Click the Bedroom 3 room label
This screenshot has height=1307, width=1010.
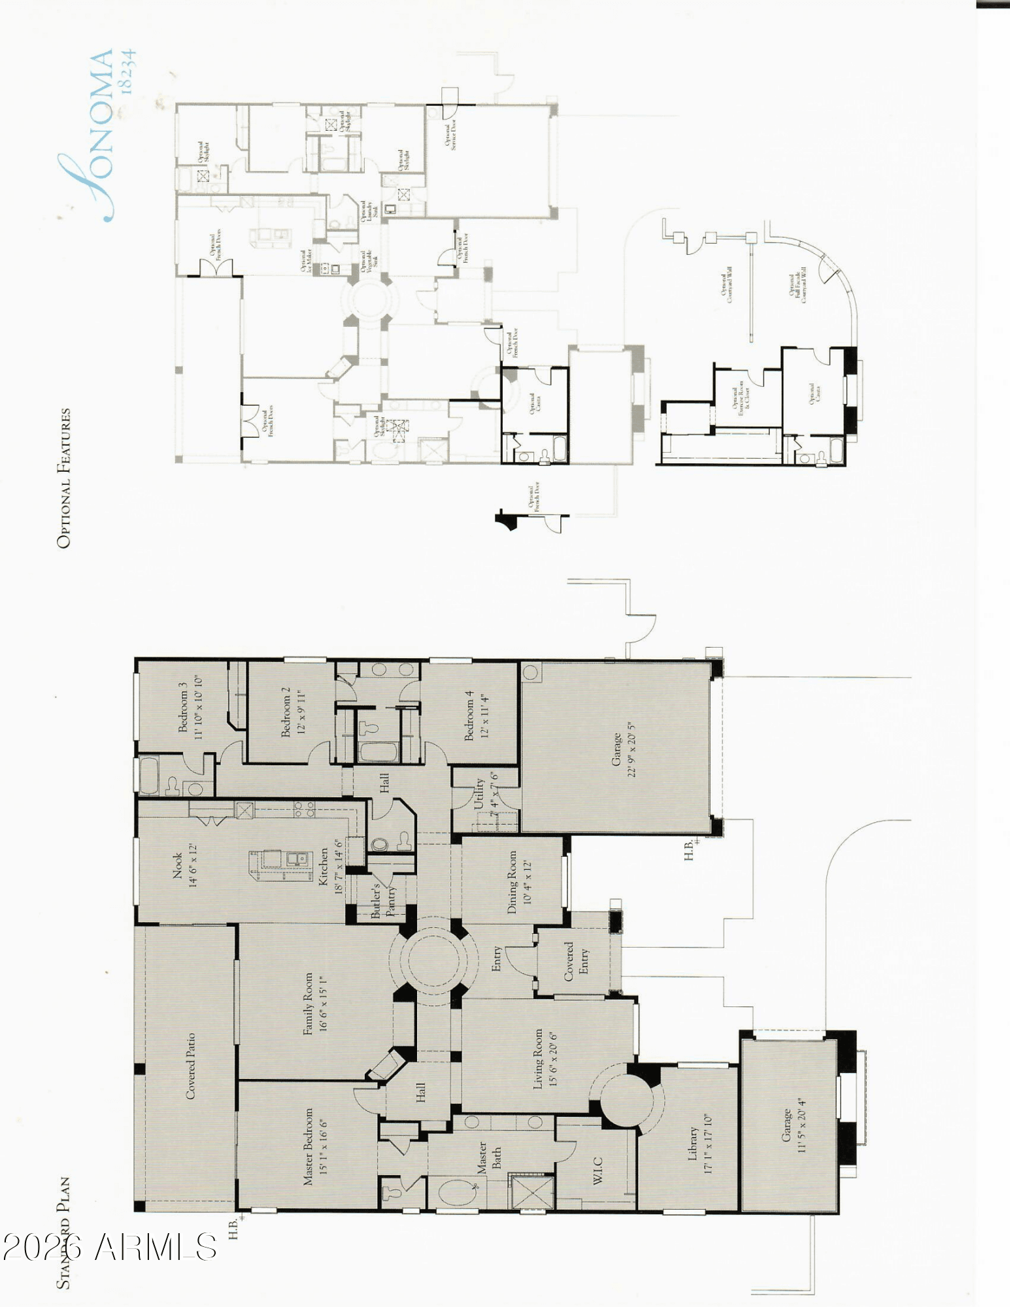coord(184,708)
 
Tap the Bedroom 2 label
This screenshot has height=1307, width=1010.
coord(286,712)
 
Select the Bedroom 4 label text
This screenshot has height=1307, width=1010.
coord(469,720)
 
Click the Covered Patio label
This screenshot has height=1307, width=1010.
coord(191,1066)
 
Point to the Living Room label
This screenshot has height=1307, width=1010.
coord(538,1059)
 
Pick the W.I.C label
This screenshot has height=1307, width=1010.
coord(598,1170)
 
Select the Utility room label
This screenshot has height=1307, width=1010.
coord(479,793)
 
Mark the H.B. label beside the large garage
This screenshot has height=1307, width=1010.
coord(689,849)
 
